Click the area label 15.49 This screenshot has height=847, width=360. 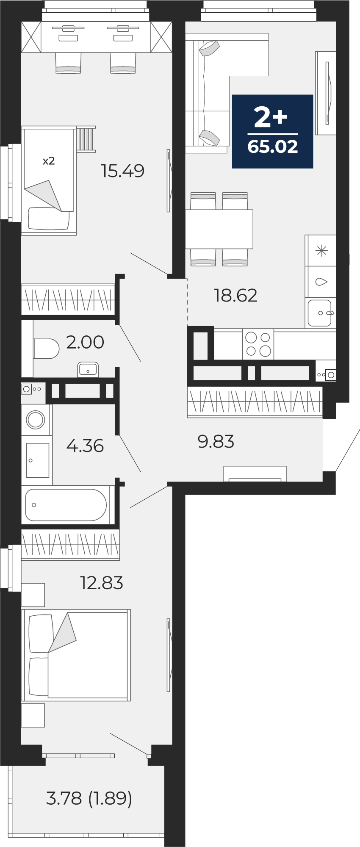[123, 171]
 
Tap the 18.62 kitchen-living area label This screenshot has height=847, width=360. [236, 295]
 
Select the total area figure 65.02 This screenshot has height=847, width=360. [273, 147]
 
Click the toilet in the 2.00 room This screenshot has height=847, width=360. [46, 349]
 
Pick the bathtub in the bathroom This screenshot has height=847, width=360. [66, 505]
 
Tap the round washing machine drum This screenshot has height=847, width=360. [36, 420]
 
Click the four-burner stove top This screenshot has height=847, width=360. [258, 344]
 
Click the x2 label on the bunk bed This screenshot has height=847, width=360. [49, 161]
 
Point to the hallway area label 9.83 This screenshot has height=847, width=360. [216, 441]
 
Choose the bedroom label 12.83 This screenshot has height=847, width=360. [102, 583]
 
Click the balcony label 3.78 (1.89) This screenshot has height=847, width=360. [89, 798]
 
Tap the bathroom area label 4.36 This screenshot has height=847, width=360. [85, 446]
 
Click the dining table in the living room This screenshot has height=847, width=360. [219, 229]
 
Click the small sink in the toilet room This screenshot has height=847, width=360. [88, 369]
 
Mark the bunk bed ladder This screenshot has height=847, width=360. [86, 139]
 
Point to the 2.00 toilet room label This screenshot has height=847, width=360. [85, 342]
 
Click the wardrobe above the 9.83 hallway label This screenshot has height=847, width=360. [255, 401]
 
